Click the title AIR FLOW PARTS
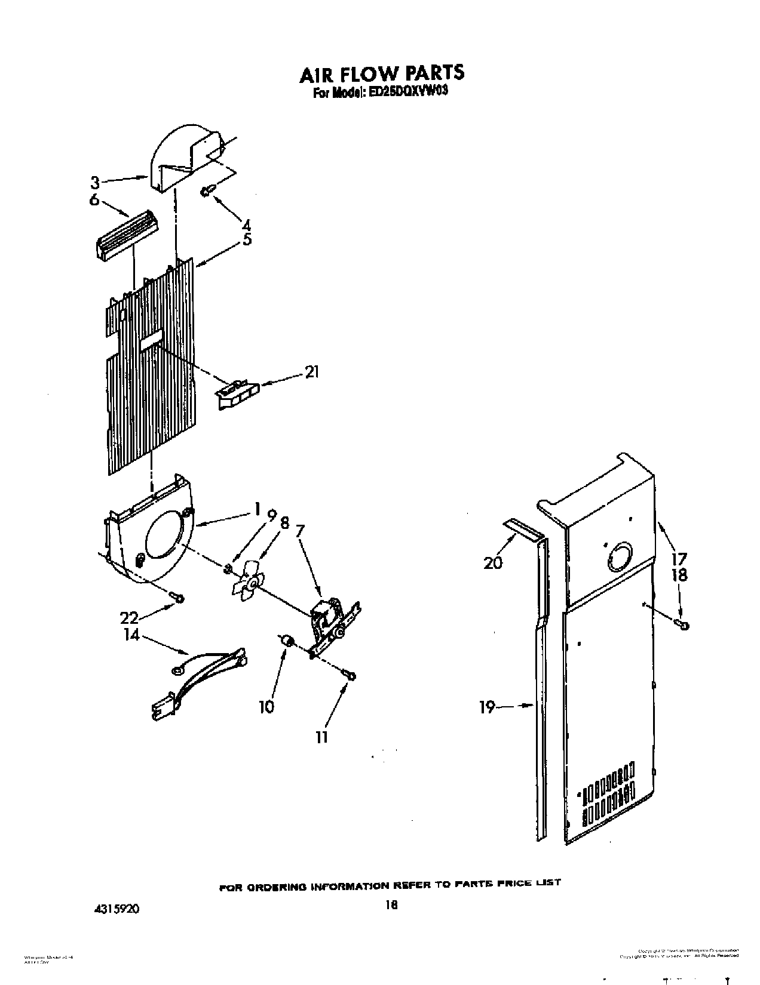coord(381,73)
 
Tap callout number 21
coord(311,373)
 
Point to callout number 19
coord(487,707)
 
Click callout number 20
coord(493,562)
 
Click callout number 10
coord(266,707)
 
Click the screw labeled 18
coord(682,624)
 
